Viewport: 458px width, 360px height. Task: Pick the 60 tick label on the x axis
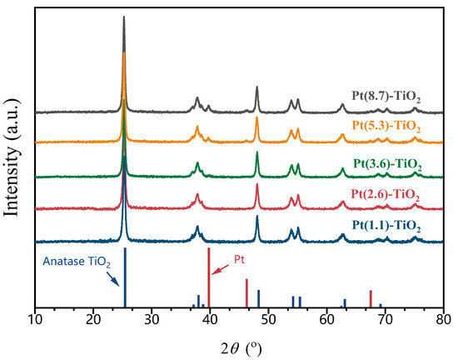(326, 319)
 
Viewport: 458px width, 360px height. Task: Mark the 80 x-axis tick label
(443, 319)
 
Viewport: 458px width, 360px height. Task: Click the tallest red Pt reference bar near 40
(208, 278)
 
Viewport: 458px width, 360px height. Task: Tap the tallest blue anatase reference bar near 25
(124, 278)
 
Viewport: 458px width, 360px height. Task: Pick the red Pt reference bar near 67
(371, 299)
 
